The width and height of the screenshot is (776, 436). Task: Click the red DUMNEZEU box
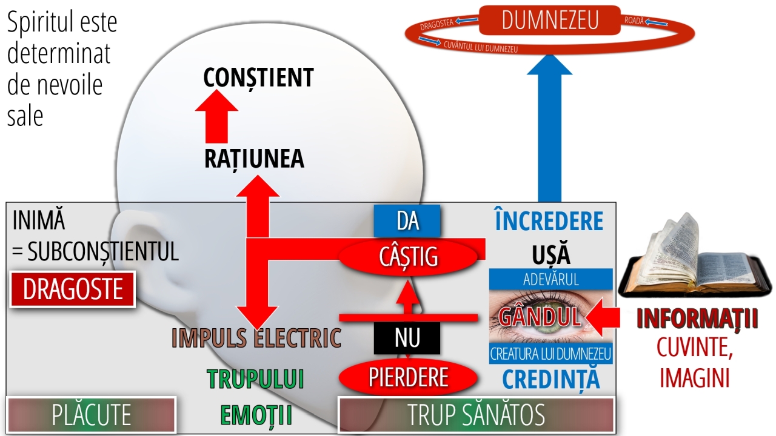(550, 21)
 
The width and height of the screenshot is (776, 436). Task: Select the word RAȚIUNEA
(254, 159)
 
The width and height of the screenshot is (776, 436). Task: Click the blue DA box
(407, 221)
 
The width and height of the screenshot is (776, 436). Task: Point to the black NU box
(407, 338)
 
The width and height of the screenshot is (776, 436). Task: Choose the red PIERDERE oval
(408, 377)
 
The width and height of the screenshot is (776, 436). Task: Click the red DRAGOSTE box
(73, 289)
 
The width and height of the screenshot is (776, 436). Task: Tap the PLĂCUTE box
(91, 415)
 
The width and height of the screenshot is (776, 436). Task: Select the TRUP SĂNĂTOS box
(476, 415)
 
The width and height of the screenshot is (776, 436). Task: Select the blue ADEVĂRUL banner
(550, 279)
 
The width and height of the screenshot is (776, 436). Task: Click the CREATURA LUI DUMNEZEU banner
(550, 354)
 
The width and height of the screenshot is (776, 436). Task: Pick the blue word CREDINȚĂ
(550, 378)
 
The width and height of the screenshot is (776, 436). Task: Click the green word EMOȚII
(256, 415)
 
